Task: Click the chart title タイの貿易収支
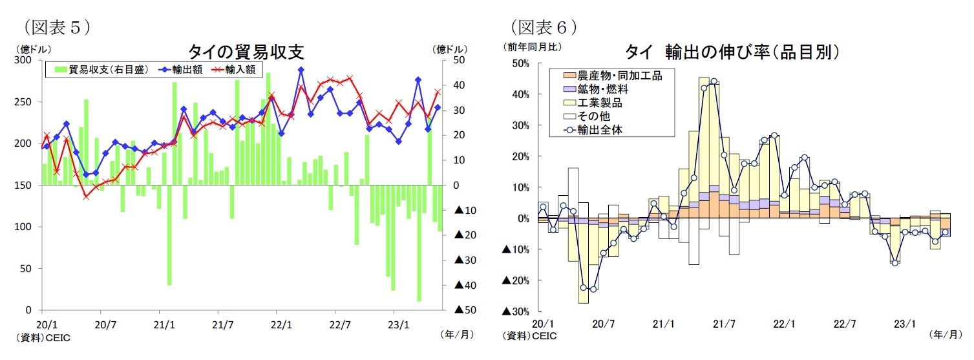point(246,51)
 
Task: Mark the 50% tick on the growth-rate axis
point(521,63)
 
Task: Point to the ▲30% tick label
point(516,312)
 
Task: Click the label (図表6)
point(544,26)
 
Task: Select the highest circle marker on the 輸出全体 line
point(714,81)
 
